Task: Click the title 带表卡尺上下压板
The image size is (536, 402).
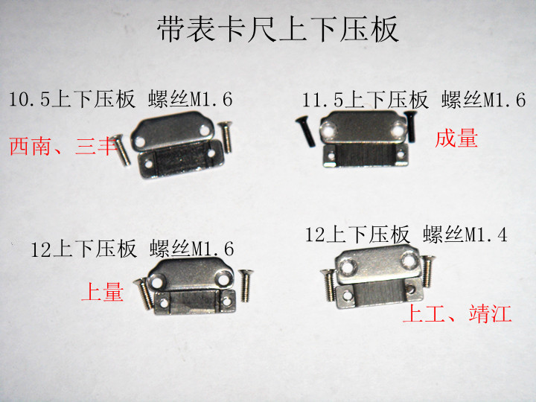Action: click(x=278, y=31)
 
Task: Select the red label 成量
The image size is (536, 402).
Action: click(x=456, y=138)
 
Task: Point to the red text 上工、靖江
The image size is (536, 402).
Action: click(x=457, y=314)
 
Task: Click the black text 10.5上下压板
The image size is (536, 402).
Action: click(x=72, y=99)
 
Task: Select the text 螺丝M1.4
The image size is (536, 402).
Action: click(x=465, y=235)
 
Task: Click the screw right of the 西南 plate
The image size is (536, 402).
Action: click(x=227, y=137)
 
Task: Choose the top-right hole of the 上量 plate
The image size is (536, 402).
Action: click(x=223, y=277)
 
